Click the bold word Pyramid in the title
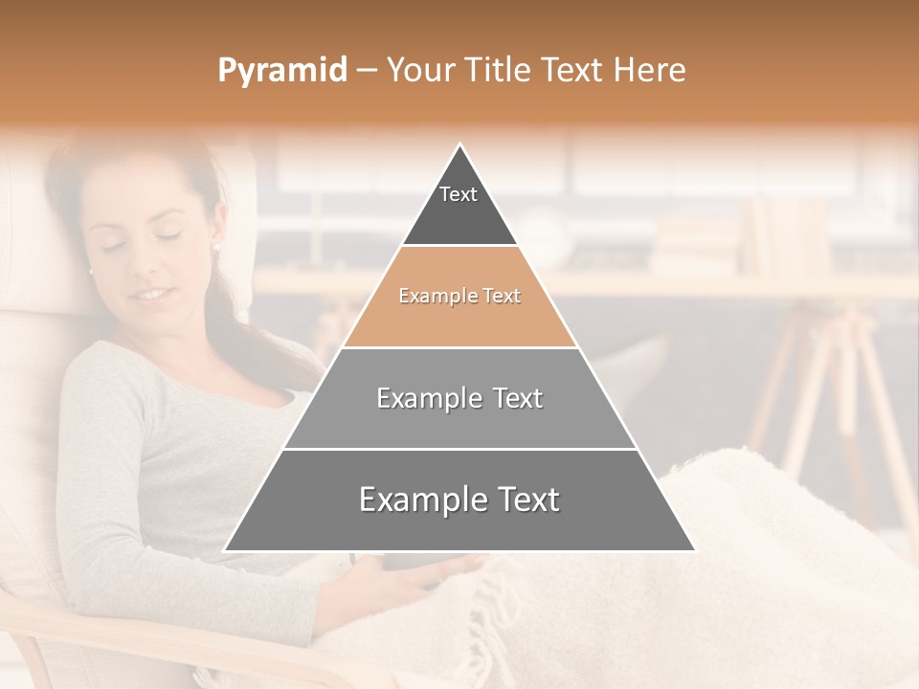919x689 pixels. click(x=281, y=70)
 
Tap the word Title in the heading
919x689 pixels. click(x=498, y=70)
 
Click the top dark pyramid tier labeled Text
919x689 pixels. click(x=459, y=206)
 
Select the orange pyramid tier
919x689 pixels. click(x=459, y=297)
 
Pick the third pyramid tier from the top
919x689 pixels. click(x=459, y=398)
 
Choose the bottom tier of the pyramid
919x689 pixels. click(x=459, y=500)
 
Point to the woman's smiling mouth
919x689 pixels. click(x=149, y=293)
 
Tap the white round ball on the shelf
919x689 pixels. click(x=546, y=234)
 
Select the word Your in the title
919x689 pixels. click(x=419, y=70)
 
